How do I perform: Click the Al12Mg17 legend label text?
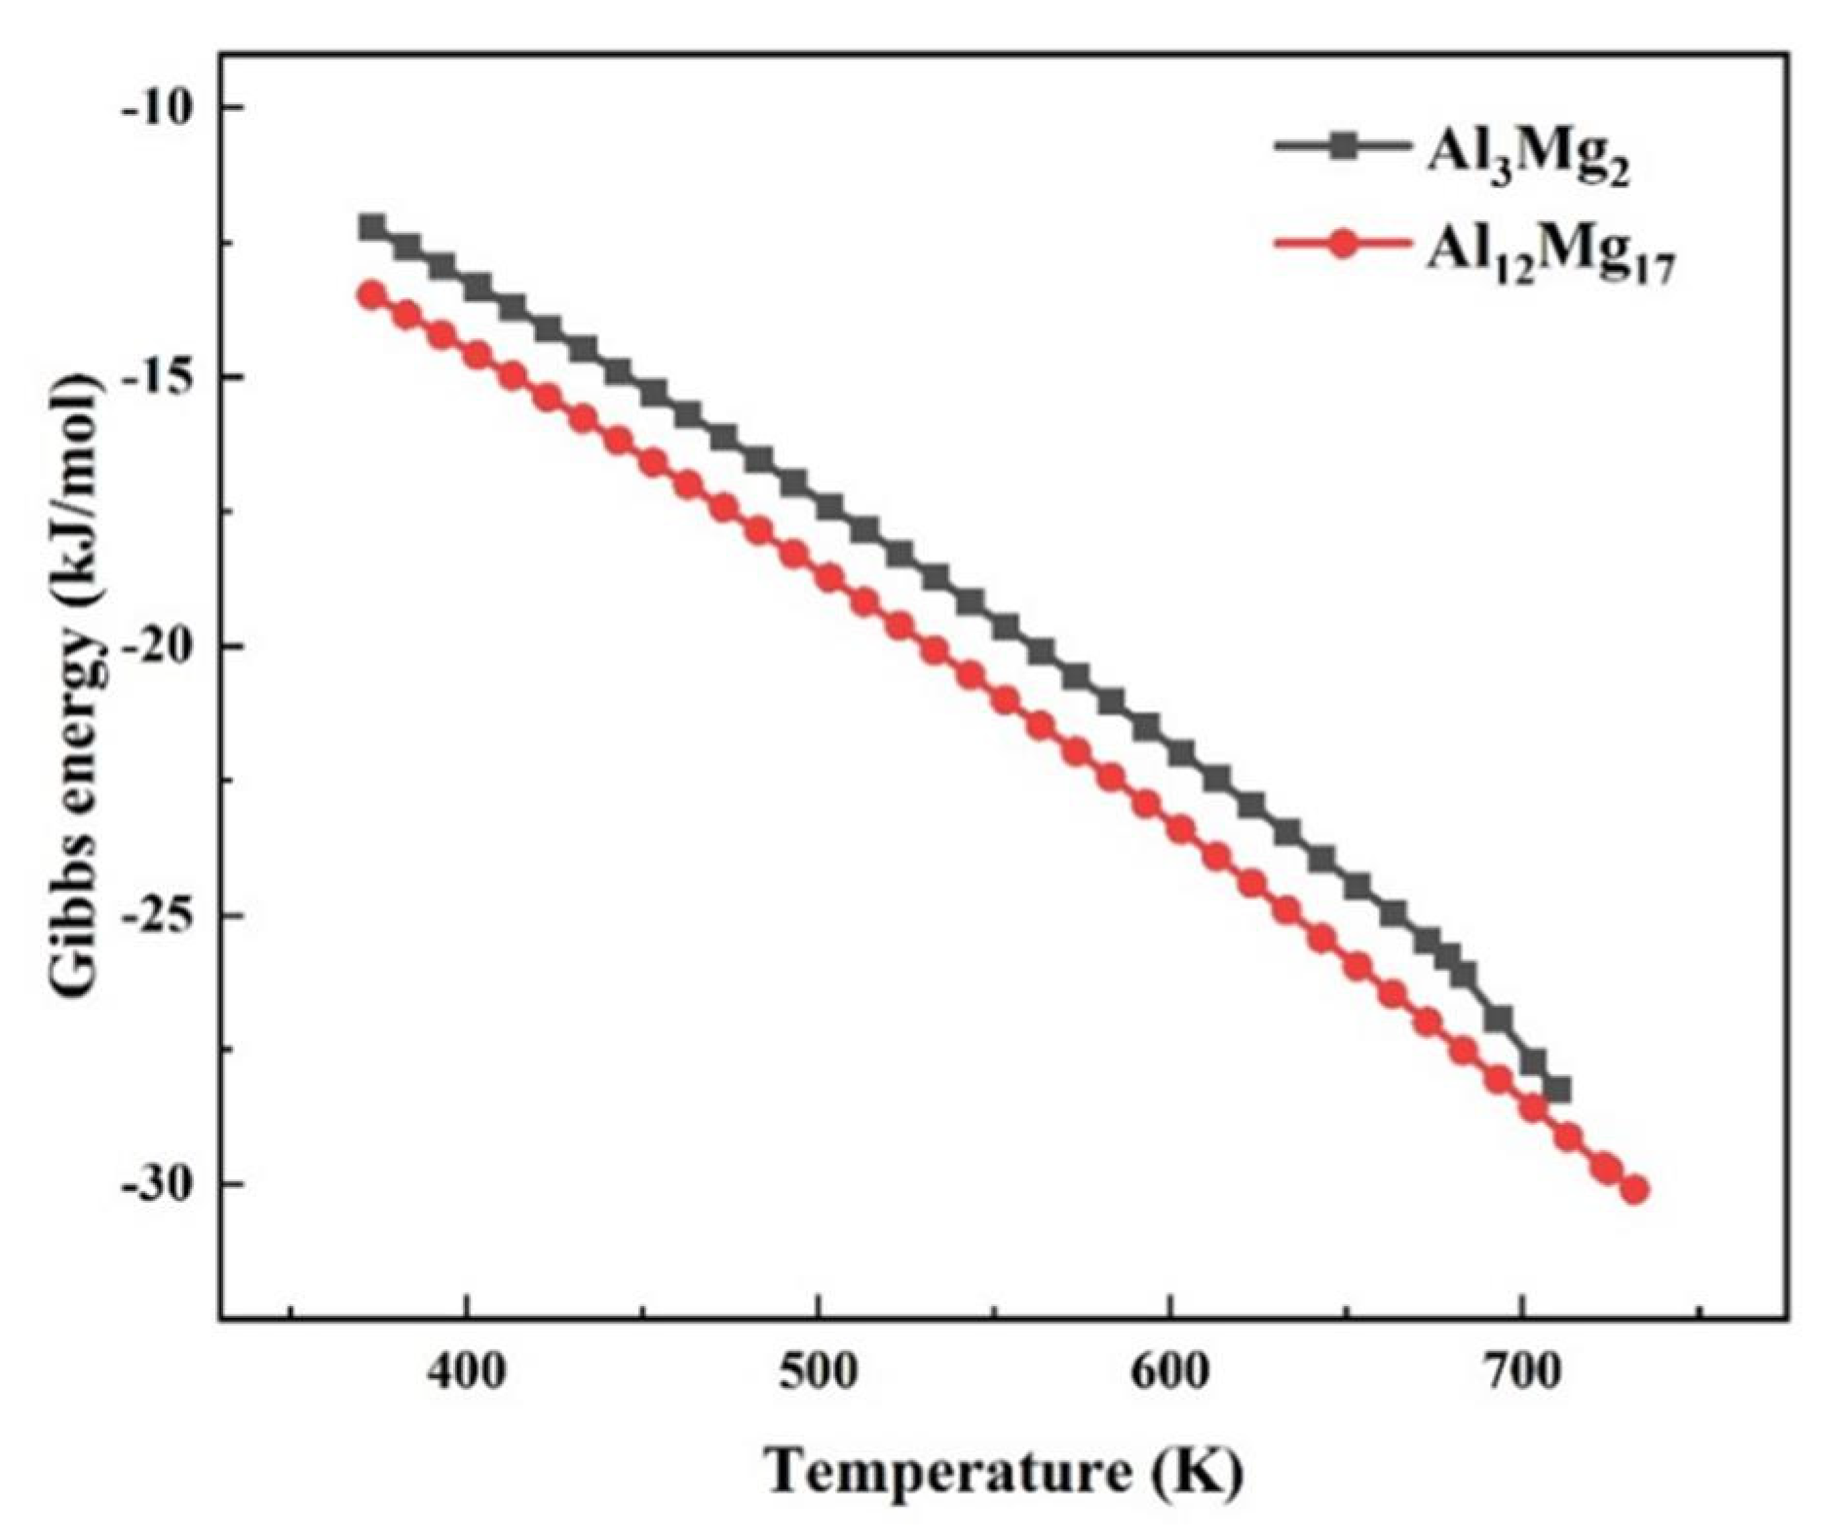tap(1549, 254)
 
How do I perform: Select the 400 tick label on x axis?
tap(467, 1372)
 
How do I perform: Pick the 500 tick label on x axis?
tap(819, 1372)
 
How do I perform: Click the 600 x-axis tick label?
tap(1170, 1372)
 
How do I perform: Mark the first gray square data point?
tap(371, 228)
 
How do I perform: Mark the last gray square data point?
tap(1557, 1090)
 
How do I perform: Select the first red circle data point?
tap(371, 294)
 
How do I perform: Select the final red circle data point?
tap(1635, 1190)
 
